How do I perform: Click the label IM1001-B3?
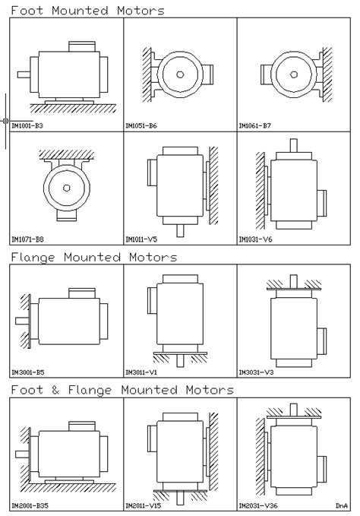click(27, 125)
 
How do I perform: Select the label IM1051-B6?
click(141, 125)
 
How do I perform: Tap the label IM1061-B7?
click(255, 125)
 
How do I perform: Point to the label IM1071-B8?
click(27, 239)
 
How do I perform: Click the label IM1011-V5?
click(141, 239)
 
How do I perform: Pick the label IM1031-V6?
click(255, 239)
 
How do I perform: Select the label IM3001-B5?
click(27, 373)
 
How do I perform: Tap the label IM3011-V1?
click(141, 373)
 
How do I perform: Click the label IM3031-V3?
click(255, 373)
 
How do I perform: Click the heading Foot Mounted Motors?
click(87, 11)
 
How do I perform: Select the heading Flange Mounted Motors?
click(93, 258)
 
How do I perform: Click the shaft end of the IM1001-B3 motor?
click(24, 74)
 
